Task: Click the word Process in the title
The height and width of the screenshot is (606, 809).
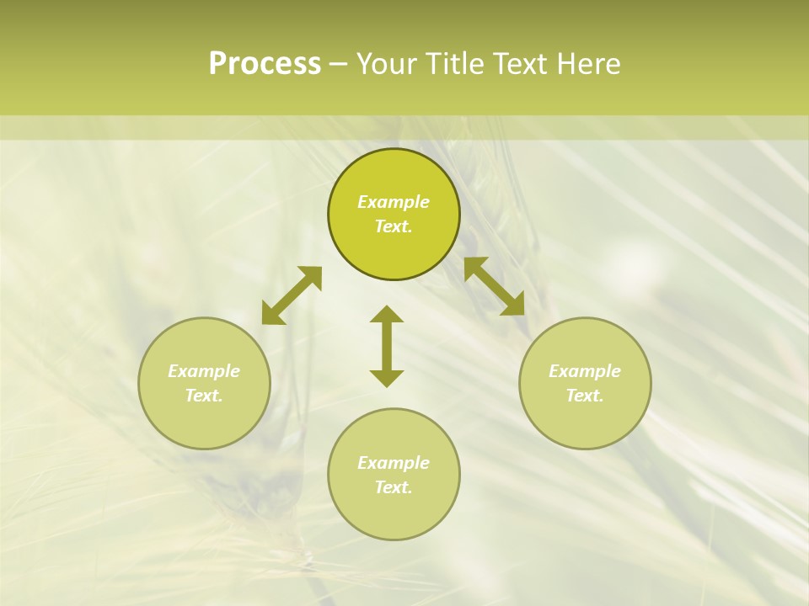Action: pos(265,64)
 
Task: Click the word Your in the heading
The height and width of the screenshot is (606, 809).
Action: pos(387,64)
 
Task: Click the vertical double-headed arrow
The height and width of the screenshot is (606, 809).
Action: pos(387,346)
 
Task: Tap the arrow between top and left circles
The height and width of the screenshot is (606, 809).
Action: pos(292,295)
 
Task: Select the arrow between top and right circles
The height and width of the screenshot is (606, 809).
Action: pos(495,286)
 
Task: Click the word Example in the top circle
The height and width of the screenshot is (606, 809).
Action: pos(394,202)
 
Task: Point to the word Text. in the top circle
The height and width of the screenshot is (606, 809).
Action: pos(394,226)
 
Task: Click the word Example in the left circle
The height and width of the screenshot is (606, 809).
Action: pos(204,371)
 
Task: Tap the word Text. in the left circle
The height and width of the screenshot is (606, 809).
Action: pos(204,396)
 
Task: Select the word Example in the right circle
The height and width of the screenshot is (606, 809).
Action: pos(585,371)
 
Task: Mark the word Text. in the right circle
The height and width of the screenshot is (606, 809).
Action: pos(585,396)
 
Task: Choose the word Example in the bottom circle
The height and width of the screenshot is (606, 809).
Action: pos(394,463)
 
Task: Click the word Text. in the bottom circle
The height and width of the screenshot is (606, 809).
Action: pos(394,487)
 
